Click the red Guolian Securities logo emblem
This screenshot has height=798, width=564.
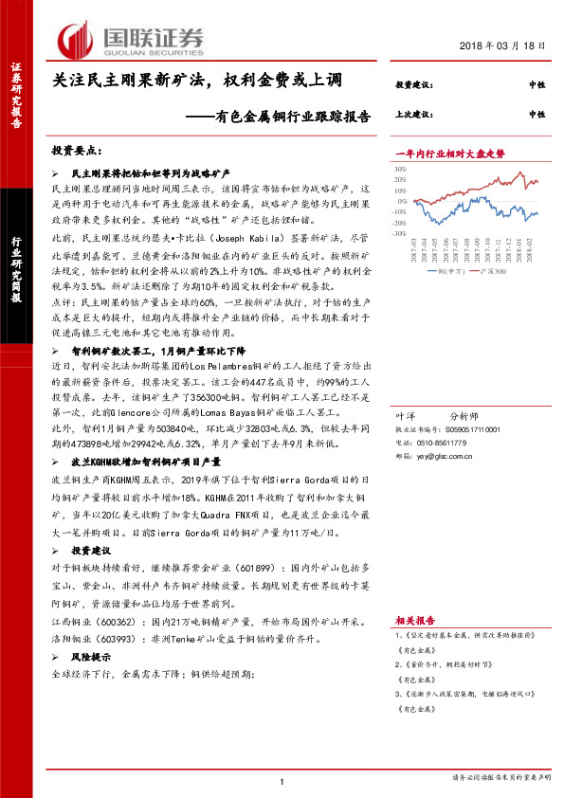[76, 39]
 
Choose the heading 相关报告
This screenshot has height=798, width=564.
[410, 613]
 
